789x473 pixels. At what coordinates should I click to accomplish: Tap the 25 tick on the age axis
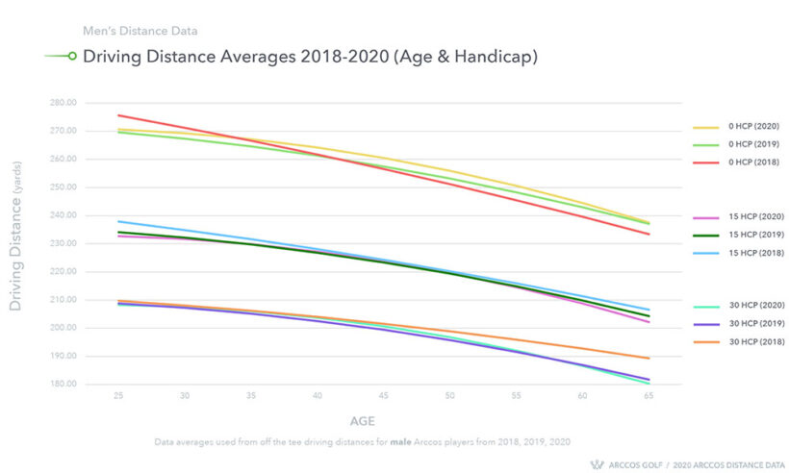(117, 395)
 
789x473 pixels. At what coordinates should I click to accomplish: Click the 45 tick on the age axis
(383, 395)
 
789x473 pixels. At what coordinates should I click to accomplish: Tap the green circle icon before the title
(71, 57)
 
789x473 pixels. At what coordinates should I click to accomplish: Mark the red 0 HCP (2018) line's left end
(117, 115)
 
